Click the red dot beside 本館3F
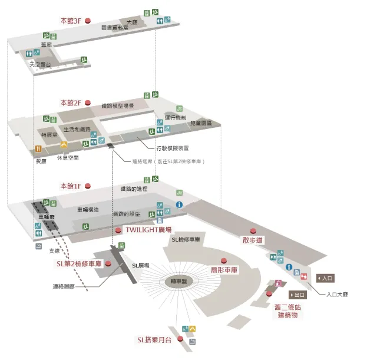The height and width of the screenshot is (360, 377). (88, 20)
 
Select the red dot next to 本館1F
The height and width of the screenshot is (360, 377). (88, 186)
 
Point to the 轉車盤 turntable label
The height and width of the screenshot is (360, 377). (177, 281)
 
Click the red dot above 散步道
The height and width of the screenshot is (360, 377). (253, 230)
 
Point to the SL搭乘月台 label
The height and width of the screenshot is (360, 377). (155, 340)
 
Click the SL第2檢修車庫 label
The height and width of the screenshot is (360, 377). (80, 264)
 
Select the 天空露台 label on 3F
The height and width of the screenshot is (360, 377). (41, 64)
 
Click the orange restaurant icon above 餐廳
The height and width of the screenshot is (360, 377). (38, 150)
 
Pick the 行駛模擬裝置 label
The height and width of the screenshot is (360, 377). (172, 148)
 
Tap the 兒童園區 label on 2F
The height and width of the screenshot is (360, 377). (200, 124)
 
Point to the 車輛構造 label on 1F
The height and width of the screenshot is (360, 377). (88, 210)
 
